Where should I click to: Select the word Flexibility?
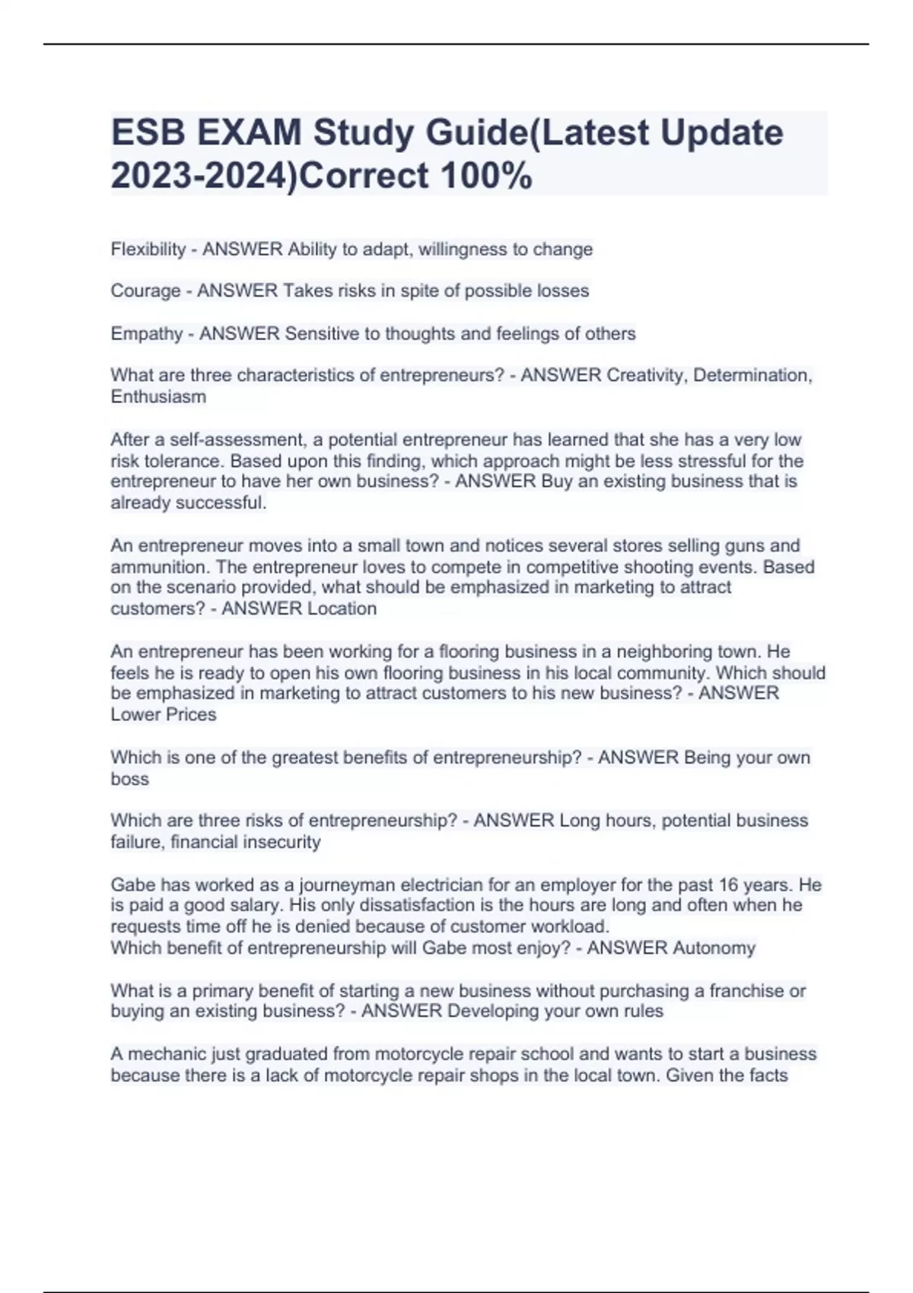(x=148, y=249)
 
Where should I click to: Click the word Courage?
(x=145, y=291)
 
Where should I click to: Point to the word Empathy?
(x=147, y=334)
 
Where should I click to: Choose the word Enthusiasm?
(x=158, y=396)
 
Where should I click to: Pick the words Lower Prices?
(x=164, y=714)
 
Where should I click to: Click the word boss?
(x=129, y=779)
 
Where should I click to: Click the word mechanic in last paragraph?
(x=165, y=1054)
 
